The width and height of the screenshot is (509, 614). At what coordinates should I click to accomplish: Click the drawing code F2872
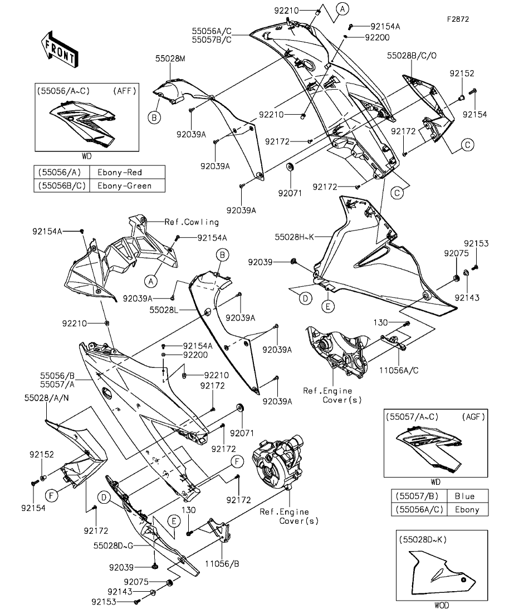[x=458, y=18]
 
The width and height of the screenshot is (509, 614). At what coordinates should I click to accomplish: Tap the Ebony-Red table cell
[x=127, y=172]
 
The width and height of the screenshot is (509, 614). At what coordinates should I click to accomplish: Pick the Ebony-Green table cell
[x=127, y=185]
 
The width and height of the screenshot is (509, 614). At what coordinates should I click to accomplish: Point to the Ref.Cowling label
[x=192, y=222]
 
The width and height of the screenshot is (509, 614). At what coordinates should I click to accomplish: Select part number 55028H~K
[x=295, y=237]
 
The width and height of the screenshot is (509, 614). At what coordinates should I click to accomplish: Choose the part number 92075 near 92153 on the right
[x=454, y=253]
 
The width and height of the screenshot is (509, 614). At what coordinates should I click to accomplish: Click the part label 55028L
[x=164, y=308]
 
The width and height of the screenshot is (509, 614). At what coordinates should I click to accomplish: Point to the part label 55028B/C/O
[x=413, y=56]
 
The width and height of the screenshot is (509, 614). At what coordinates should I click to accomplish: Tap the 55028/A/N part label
[x=46, y=398]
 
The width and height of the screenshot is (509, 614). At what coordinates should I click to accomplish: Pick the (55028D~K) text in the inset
[x=423, y=539]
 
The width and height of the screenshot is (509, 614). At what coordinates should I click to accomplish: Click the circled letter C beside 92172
[x=467, y=145]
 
